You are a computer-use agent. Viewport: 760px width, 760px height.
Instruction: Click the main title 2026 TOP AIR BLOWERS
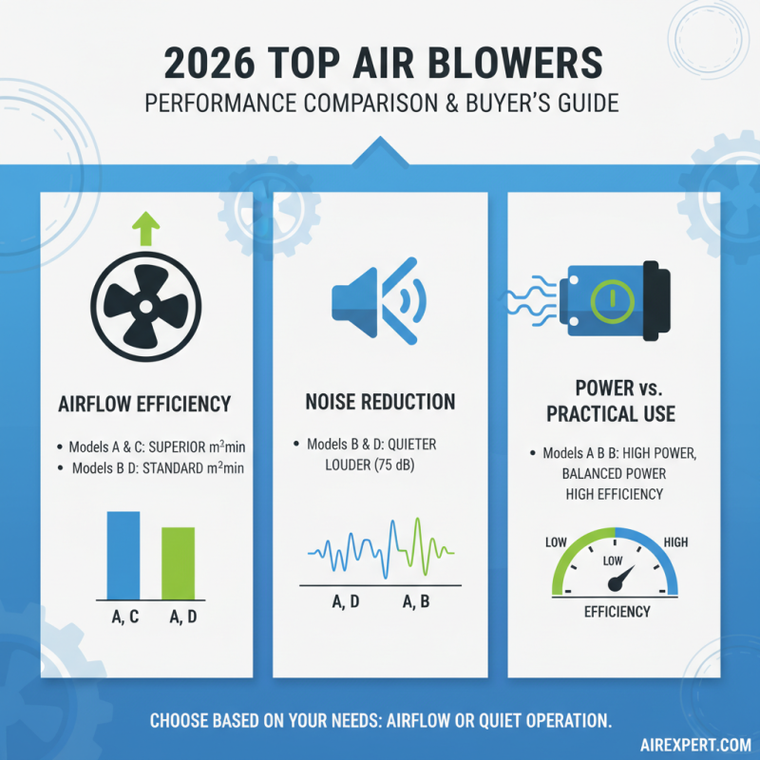click(380, 64)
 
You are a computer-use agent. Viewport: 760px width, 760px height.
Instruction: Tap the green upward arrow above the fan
click(144, 229)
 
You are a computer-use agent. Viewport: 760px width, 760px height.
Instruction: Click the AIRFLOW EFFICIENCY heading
click(144, 404)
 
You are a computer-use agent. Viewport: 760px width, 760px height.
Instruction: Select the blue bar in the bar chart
click(123, 554)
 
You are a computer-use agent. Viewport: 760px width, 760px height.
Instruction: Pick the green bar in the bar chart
click(178, 562)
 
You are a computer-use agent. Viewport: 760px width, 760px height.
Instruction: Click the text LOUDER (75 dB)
click(353, 465)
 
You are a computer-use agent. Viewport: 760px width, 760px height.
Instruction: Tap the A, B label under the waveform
click(419, 601)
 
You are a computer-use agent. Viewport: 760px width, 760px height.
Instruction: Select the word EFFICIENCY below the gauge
click(617, 611)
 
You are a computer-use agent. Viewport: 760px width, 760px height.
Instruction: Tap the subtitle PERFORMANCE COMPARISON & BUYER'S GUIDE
click(380, 102)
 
